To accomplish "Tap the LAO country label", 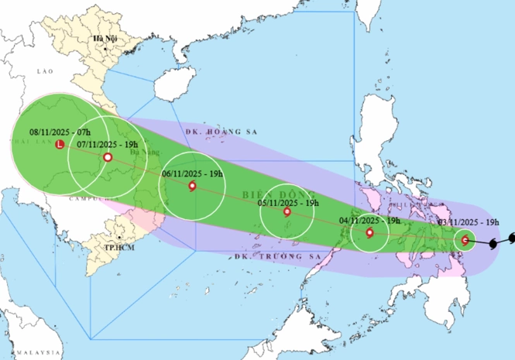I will coord(43,70).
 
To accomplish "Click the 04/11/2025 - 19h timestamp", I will coord(369,221).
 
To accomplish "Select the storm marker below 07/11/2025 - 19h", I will coord(108,157).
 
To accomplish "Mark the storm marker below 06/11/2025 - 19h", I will coord(192,185).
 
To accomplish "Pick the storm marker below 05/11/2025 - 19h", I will coord(287,212).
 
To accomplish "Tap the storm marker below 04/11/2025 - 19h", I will coord(369,231).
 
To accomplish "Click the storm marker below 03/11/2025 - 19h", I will coord(465,241).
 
